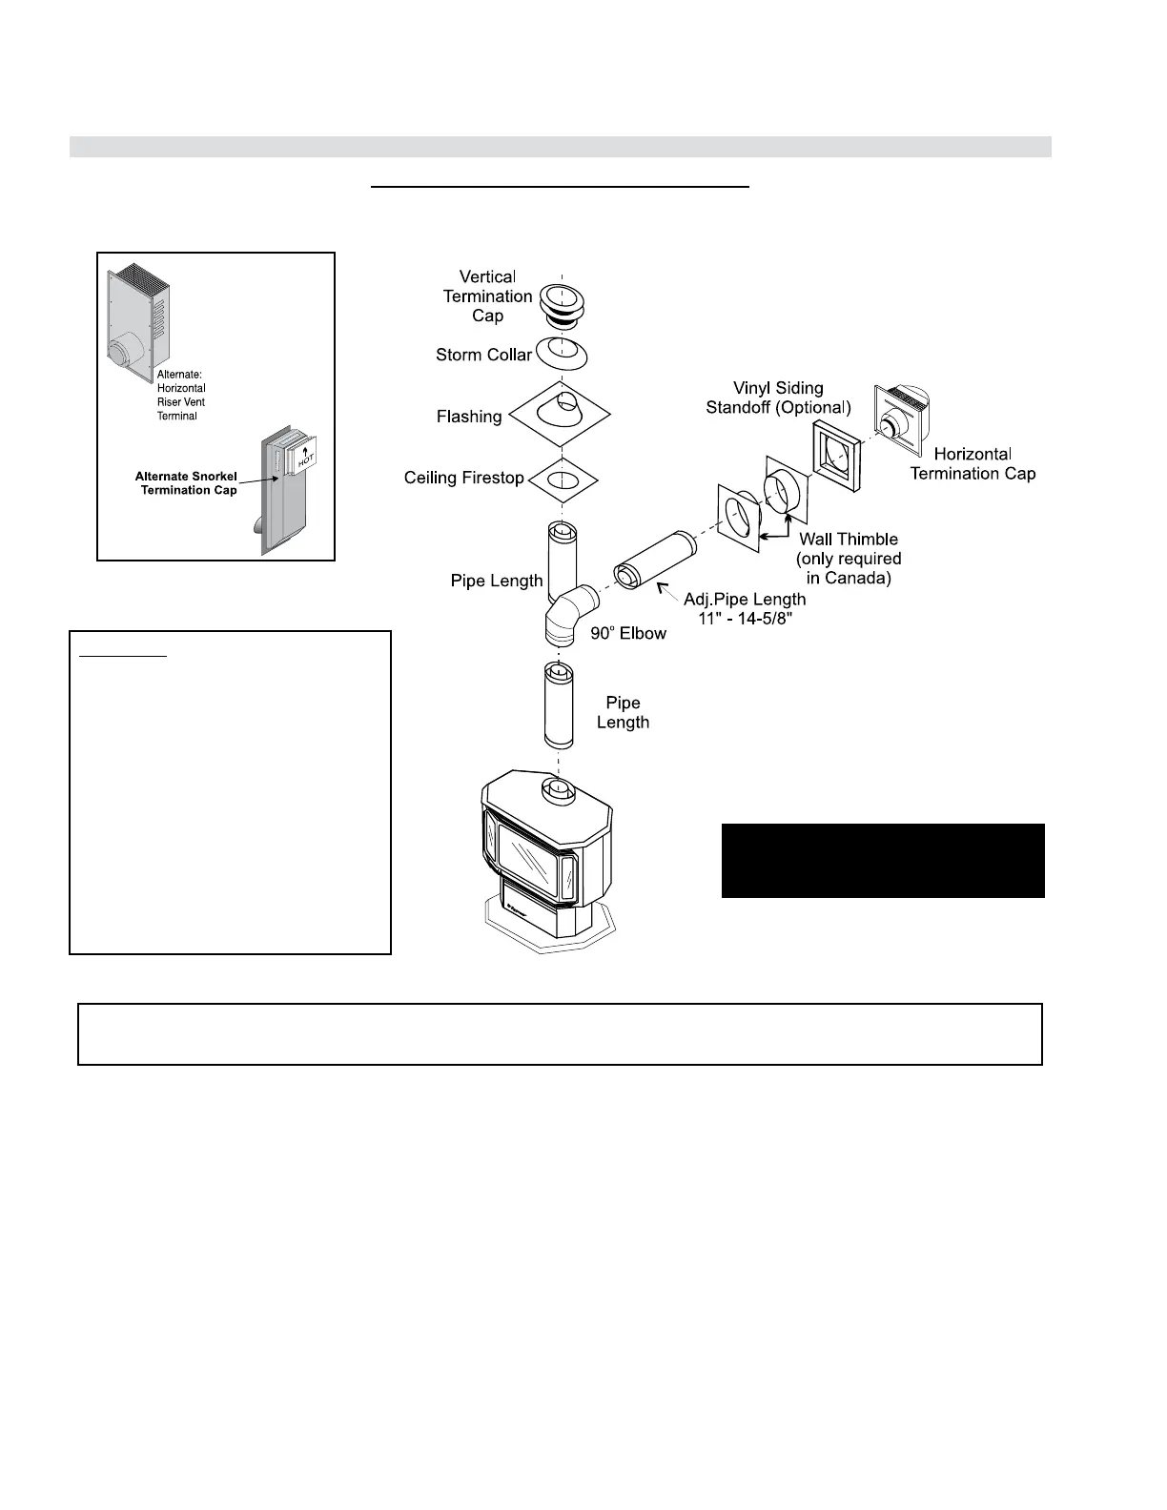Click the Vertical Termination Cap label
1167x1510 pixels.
(487, 296)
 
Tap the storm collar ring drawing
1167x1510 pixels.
(562, 353)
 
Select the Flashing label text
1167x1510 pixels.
(469, 417)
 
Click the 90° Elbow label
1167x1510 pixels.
(628, 633)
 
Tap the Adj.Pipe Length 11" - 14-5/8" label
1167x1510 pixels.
(745, 608)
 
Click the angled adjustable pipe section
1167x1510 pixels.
(655, 562)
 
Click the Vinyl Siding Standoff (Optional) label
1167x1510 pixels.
(778, 398)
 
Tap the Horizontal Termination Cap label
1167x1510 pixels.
(972, 464)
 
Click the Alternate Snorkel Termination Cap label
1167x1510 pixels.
(186, 483)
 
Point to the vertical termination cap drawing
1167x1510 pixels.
(562, 302)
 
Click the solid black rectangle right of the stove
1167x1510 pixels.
(883, 861)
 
